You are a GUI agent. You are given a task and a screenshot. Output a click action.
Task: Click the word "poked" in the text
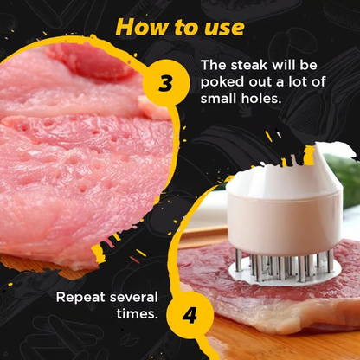(x=222, y=82)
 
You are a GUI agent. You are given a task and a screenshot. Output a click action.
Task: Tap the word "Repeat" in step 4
(x=81, y=298)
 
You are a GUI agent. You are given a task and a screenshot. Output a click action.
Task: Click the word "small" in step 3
(x=220, y=98)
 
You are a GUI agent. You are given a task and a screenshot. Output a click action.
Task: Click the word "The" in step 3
(x=213, y=66)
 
